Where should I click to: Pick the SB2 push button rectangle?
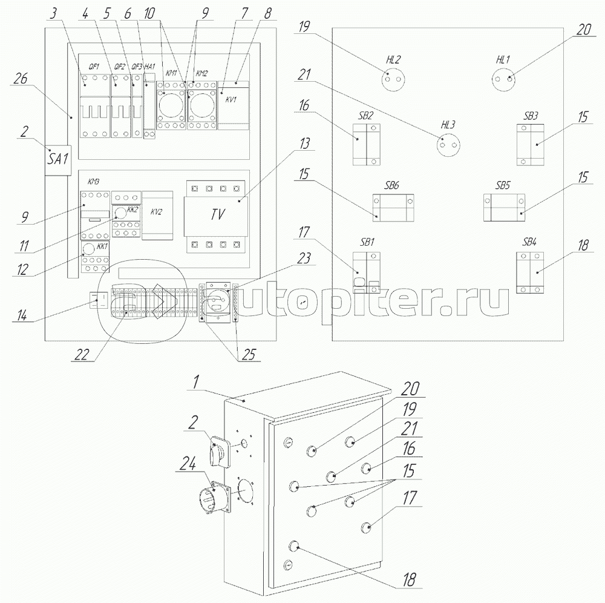point(367,145)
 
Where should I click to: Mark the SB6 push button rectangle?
point(393,206)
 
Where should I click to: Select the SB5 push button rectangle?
point(503,206)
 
